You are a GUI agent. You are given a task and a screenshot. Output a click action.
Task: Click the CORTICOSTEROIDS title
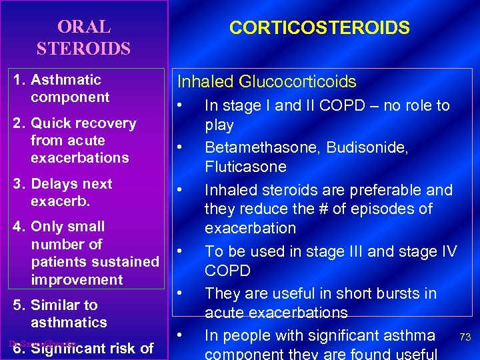pos(319,27)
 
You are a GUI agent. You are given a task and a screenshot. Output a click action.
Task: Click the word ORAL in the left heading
pos(84,27)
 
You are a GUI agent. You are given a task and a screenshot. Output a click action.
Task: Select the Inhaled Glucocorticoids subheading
pos(266,82)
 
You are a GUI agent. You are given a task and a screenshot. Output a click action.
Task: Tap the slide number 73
pos(465,338)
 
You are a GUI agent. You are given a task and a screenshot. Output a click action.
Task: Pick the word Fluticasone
pos(245,167)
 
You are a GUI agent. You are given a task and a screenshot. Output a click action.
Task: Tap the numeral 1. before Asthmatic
pos(20,80)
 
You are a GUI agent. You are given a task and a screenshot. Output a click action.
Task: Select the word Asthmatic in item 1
pos(66,80)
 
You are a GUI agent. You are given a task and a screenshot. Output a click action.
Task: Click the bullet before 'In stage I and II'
pos(179,105)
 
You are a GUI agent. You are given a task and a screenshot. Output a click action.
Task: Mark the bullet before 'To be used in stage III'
pos(179,251)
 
